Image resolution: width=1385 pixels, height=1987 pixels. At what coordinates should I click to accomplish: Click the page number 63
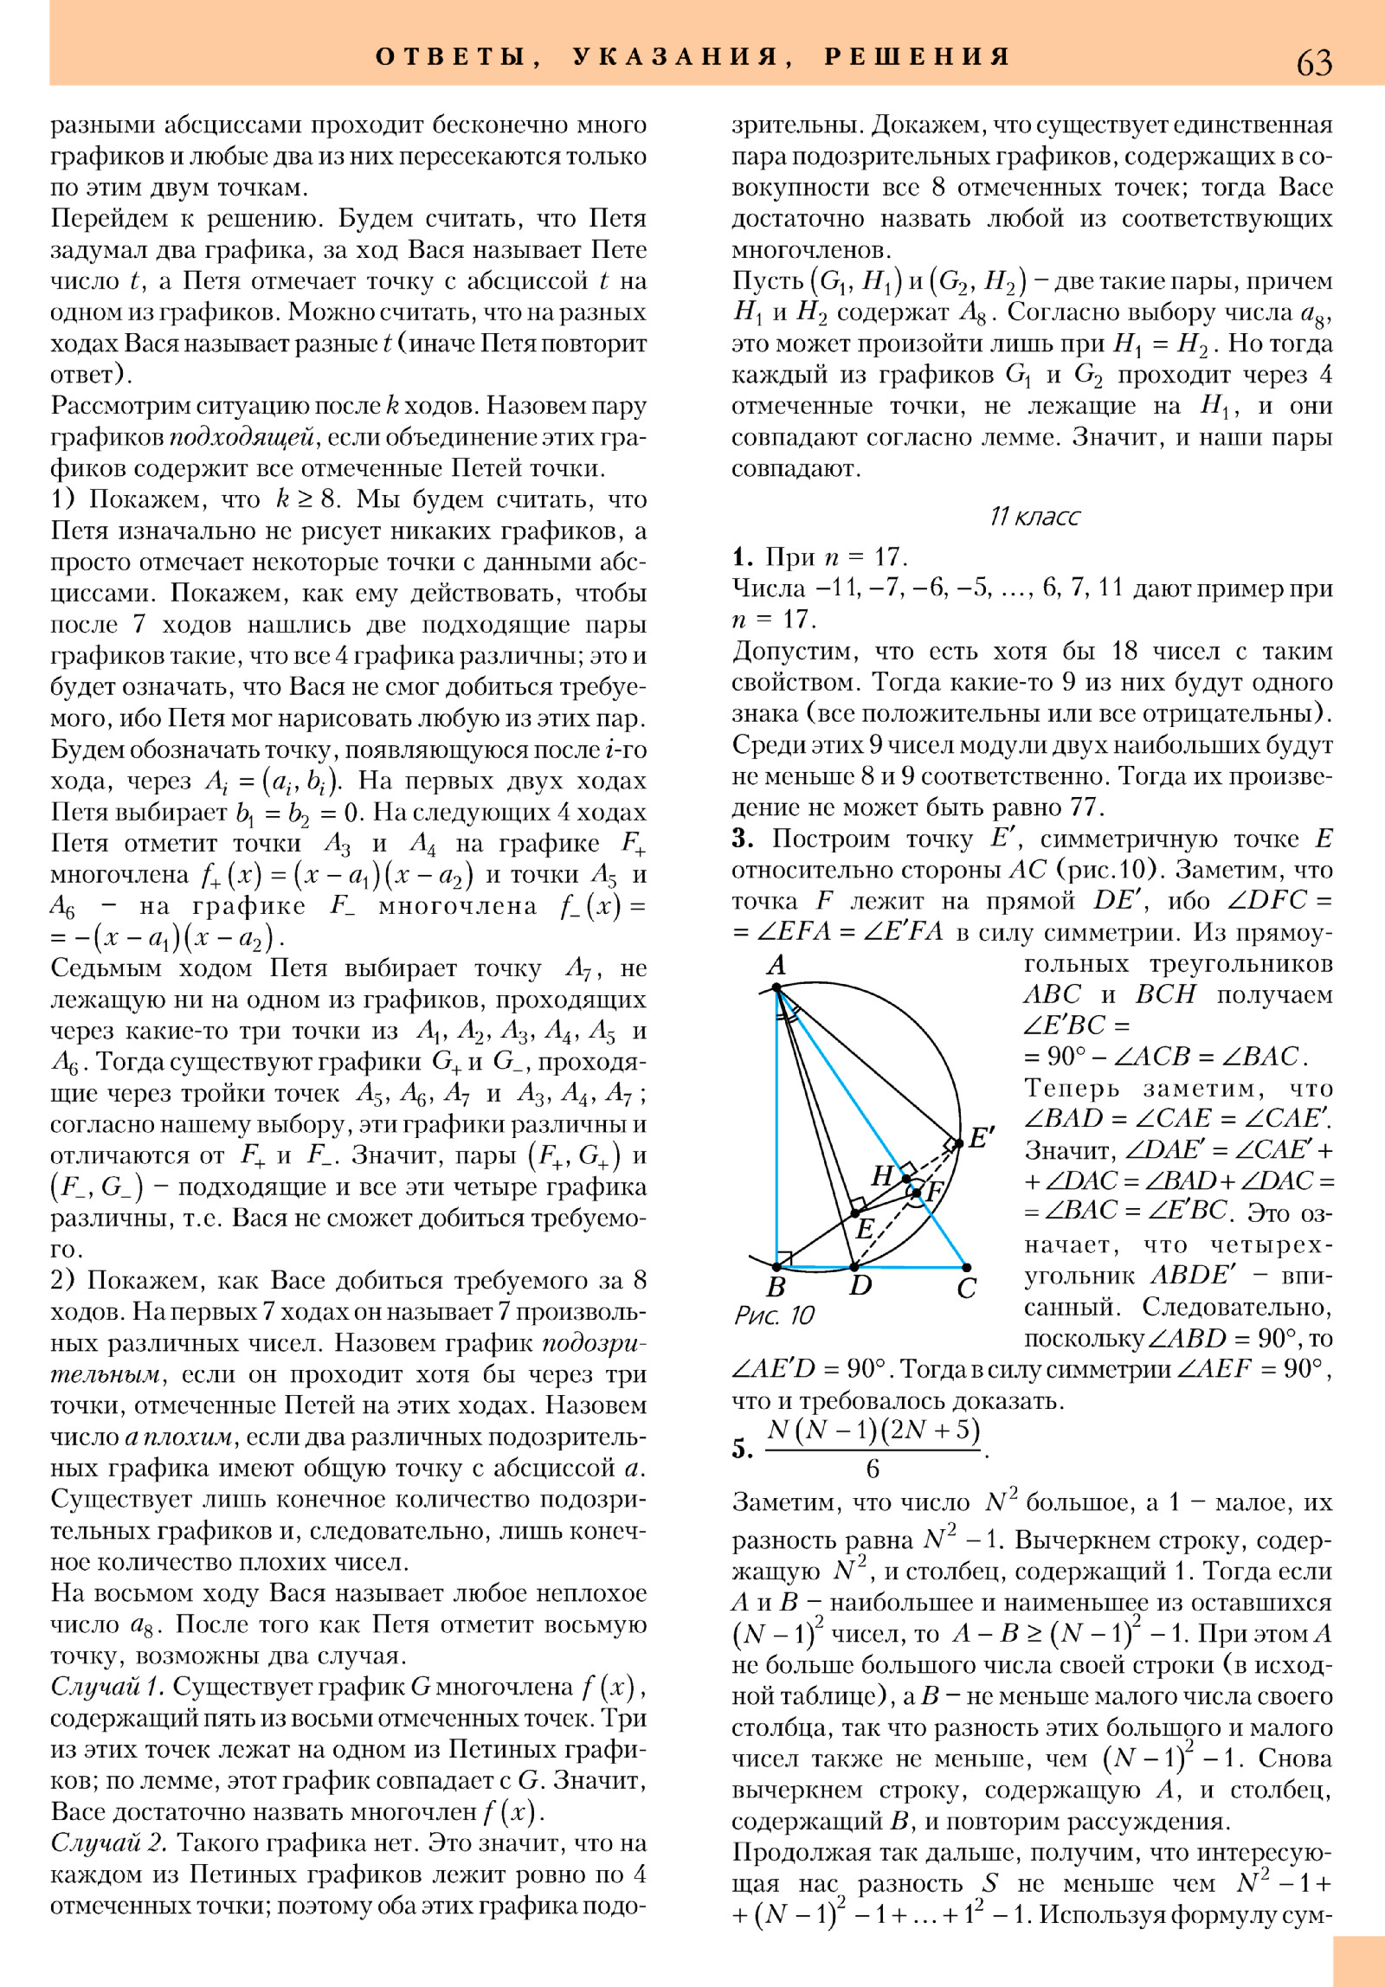pyautogui.click(x=1314, y=62)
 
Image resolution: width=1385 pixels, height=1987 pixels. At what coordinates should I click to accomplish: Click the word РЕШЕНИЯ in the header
pyautogui.click(x=918, y=57)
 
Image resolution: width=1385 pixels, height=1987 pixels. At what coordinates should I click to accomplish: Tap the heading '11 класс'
pyautogui.click(x=1034, y=517)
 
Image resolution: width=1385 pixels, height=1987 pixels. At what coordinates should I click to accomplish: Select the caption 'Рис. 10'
pyautogui.click(x=774, y=1315)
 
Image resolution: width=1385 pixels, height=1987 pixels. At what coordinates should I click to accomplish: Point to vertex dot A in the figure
pyautogui.click(x=776, y=987)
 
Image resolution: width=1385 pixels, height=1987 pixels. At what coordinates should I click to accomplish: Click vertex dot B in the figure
pyautogui.click(x=776, y=1267)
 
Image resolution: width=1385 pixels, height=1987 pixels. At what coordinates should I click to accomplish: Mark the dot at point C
pyautogui.click(x=967, y=1268)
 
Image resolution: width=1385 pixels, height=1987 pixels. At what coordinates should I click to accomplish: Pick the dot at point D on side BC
pyautogui.click(x=854, y=1267)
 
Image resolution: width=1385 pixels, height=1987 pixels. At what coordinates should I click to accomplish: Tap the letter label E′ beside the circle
pyautogui.click(x=981, y=1137)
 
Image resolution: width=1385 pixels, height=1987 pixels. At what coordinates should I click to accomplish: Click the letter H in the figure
pyautogui.click(x=882, y=1175)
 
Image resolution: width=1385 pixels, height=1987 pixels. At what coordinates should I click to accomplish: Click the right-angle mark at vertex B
pyautogui.click(x=784, y=1257)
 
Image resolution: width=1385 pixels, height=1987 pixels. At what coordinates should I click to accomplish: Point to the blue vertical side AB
pyautogui.click(x=777, y=1125)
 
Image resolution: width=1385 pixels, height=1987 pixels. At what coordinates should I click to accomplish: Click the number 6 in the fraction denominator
pyautogui.click(x=873, y=1469)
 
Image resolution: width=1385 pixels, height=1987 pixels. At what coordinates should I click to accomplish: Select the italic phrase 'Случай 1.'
pyautogui.click(x=107, y=1687)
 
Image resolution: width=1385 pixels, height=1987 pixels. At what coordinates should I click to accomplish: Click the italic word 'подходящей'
pyautogui.click(x=241, y=437)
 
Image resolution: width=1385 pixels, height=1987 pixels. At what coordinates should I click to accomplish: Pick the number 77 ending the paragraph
pyautogui.click(x=1085, y=807)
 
